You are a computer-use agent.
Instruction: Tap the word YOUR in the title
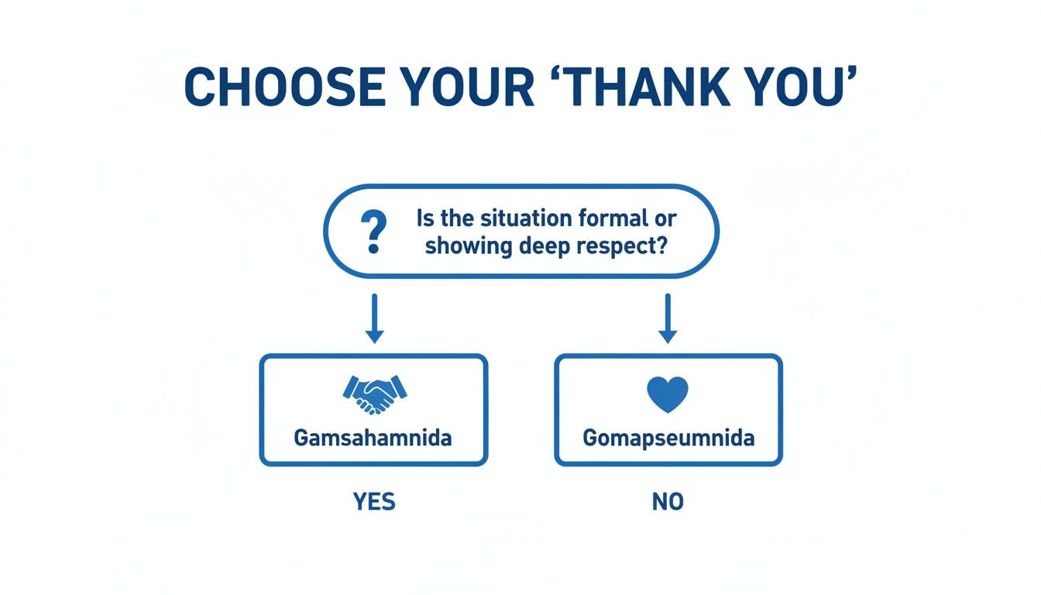(x=462, y=88)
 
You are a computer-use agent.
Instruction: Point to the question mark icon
(x=373, y=232)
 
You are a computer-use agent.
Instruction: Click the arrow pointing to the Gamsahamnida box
(x=374, y=318)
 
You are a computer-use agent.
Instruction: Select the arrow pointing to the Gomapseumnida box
(x=667, y=318)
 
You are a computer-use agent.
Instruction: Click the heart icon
(x=667, y=394)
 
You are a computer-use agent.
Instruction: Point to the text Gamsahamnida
(x=373, y=437)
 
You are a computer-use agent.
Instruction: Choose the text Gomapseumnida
(x=668, y=438)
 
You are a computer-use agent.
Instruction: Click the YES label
(x=374, y=502)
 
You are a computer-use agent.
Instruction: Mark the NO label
(x=668, y=502)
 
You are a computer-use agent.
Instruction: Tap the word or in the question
(x=655, y=218)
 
